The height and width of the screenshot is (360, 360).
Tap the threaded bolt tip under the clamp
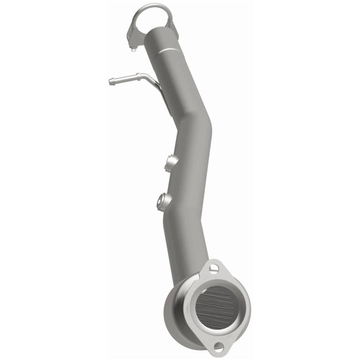[134, 49]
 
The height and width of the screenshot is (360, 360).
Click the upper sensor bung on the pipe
[171, 162]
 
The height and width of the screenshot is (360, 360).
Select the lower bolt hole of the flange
[219, 346]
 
